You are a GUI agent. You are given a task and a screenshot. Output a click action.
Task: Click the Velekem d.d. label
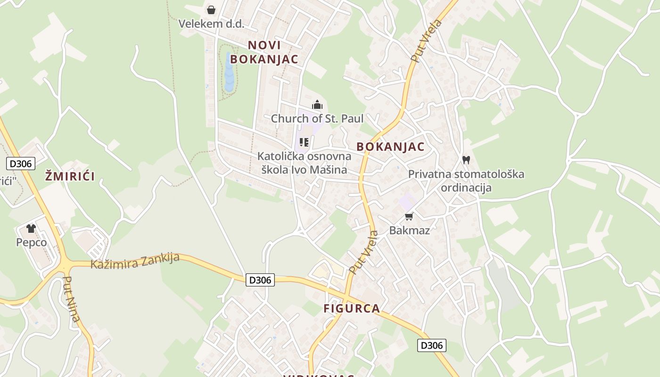pos(211,24)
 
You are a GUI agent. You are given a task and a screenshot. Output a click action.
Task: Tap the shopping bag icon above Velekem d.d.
pos(211,9)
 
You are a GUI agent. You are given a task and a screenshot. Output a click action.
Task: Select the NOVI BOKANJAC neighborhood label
pos(264,52)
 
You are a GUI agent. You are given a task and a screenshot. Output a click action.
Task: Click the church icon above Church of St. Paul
pos(317,105)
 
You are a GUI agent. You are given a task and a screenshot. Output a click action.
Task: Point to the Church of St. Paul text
pos(317,119)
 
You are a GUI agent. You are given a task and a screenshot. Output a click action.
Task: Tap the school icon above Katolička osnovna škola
pos(304,142)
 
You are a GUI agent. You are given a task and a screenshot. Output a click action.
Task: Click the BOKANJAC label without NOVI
pos(390,147)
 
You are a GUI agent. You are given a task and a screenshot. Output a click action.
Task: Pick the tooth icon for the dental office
pos(466,160)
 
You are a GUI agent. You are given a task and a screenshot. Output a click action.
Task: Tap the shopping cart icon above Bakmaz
pos(409,216)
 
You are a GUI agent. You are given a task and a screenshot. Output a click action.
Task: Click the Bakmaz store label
pos(409,230)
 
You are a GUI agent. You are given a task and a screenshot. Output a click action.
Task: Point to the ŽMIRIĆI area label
pos(70,177)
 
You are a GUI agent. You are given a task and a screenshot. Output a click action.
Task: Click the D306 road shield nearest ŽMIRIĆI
pos(20,164)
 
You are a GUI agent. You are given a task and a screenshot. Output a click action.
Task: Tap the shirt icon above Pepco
pos(31,229)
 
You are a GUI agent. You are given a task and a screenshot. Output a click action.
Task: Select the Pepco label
pos(31,243)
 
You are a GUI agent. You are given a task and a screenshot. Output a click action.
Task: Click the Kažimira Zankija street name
pos(135,261)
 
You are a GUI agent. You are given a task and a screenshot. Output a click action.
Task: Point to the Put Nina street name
pos(71,300)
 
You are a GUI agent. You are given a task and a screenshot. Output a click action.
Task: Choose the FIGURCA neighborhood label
pos(352,309)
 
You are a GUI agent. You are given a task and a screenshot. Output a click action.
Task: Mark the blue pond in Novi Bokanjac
pos(229,73)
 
